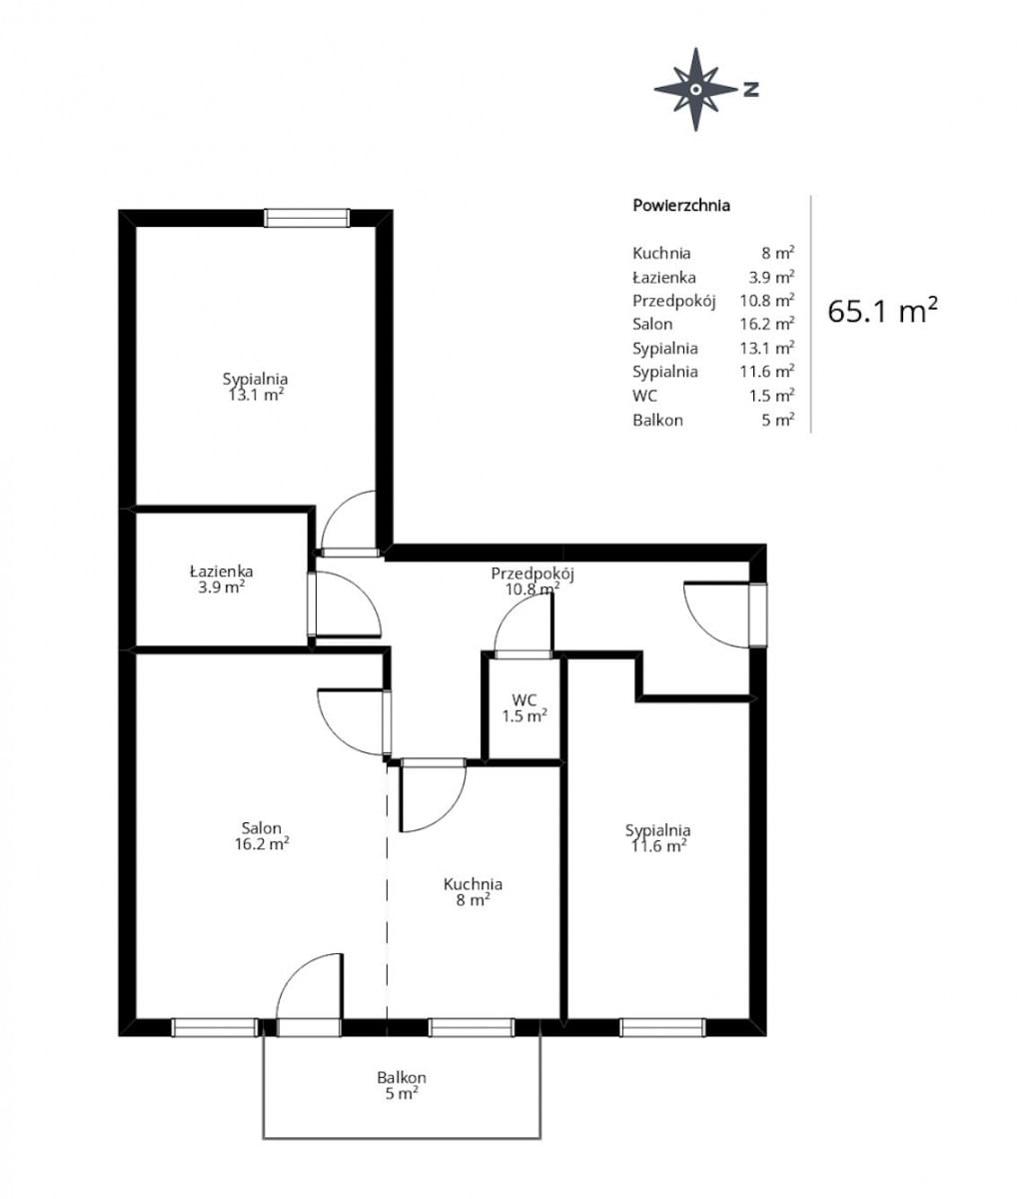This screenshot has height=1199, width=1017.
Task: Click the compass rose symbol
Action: pyautogui.click(x=695, y=89)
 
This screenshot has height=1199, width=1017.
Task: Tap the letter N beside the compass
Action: pyautogui.click(x=751, y=89)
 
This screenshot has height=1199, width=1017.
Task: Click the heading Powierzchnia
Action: pyautogui.click(x=681, y=206)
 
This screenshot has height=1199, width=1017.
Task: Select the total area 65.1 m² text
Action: pyautogui.click(x=882, y=311)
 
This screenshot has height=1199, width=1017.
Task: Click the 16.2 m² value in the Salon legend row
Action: pyautogui.click(x=766, y=324)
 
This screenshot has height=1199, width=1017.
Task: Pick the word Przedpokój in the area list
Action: pyautogui.click(x=674, y=301)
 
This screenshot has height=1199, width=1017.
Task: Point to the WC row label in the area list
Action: pyautogui.click(x=644, y=396)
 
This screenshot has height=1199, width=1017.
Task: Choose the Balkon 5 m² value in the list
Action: pyautogui.click(x=777, y=420)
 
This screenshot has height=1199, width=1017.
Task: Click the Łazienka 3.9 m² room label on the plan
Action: pyautogui.click(x=221, y=579)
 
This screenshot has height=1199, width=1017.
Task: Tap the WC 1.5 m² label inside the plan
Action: pyautogui.click(x=524, y=707)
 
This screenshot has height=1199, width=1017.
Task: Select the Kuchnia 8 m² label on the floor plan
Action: pyautogui.click(x=473, y=891)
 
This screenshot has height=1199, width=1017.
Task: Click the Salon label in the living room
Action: pyautogui.click(x=262, y=827)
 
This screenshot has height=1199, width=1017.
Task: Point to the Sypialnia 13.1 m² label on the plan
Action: pyautogui.click(x=256, y=387)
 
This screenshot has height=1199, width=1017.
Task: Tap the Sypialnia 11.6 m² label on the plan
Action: pyautogui.click(x=658, y=838)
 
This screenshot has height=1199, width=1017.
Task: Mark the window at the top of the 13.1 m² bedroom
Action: pyautogui.click(x=307, y=218)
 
